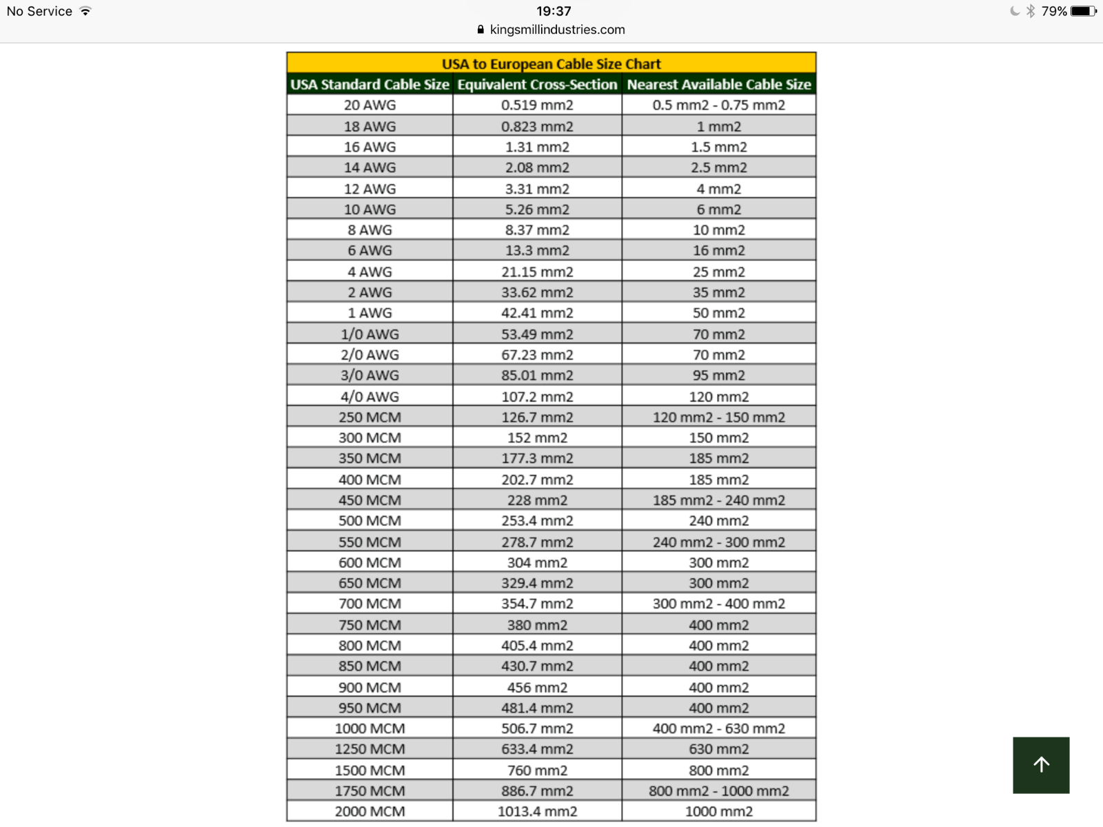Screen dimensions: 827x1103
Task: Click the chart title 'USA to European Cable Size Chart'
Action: coord(551,63)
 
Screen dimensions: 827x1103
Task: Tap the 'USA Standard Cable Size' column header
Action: coord(370,84)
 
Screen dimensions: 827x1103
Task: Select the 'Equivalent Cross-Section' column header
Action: coord(537,84)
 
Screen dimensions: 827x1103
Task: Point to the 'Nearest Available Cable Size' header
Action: coord(718,84)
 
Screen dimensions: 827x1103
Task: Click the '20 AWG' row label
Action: coord(370,105)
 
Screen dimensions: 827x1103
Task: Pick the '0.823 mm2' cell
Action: coord(537,126)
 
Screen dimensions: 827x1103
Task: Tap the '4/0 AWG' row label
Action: coord(370,396)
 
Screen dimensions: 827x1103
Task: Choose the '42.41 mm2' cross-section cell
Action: coord(537,313)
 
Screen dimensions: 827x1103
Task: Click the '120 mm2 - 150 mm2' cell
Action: coord(718,417)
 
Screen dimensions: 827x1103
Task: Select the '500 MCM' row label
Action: coord(370,520)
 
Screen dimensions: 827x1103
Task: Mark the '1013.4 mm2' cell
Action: coord(537,811)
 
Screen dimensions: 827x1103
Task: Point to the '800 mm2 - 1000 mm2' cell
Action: coord(718,790)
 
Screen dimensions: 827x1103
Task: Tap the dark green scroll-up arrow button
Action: coord(1041,765)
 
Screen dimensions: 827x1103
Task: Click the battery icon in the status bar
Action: coord(1082,11)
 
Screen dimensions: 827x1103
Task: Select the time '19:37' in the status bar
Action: coord(554,11)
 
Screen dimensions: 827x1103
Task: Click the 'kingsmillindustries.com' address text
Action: coord(557,30)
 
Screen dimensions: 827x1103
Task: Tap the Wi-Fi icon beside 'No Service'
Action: coord(85,11)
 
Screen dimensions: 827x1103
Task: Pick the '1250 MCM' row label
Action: coord(370,749)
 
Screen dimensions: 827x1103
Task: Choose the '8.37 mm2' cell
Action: coord(537,229)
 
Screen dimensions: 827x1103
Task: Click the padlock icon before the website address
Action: coord(480,30)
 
